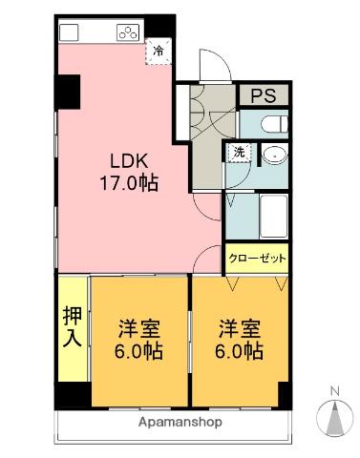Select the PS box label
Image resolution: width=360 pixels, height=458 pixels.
(x=263, y=95)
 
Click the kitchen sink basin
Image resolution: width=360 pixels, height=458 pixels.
(x=69, y=33)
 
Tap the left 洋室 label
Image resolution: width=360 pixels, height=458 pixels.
(x=137, y=327)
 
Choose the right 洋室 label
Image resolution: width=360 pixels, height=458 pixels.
(x=239, y=327)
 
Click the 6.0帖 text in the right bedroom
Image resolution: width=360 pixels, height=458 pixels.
(x=239, y=350)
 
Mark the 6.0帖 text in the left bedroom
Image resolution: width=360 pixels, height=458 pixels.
(x=138, y=350)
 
